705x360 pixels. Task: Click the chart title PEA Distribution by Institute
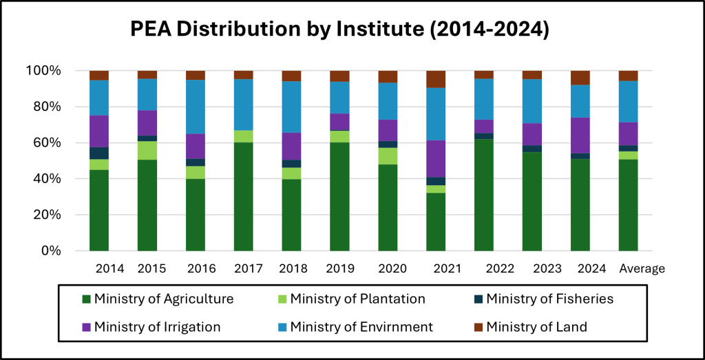[x=340, y=30]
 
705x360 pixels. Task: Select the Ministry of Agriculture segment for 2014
[x=99, y=210]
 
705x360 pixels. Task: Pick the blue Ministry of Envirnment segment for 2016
[x=196, y=107]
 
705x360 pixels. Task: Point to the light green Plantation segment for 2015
[x=147, y=150]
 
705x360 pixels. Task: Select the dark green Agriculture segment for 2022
[x=484, y=195]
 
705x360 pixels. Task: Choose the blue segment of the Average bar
[x=628, y=101]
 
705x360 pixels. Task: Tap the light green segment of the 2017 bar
[x=244, y=136]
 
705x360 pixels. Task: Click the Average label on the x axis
[x=642, y=268]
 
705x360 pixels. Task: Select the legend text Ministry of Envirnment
[x=361, y=327]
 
